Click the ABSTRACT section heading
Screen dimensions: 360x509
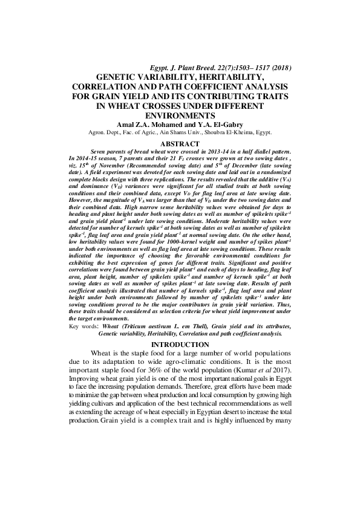pos(180,144)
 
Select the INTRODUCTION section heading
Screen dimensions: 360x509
pos(180,344)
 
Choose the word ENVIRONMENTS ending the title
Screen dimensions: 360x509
pos(180,114)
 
